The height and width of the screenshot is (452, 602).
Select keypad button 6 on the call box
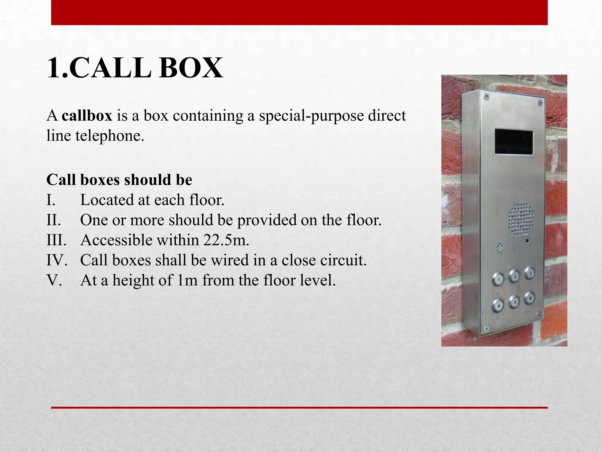click(529, 298)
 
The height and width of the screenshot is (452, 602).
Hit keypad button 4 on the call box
click(498, 305)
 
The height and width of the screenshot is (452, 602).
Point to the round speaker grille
click(521, 220)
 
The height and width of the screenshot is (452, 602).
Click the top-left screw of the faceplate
click(486, 96)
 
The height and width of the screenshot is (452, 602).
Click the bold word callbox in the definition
click(87, 116)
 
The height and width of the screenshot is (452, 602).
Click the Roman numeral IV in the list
click(56, 260)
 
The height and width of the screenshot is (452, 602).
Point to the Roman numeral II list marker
click(53, 220)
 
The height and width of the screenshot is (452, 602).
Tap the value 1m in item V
click(187, 280)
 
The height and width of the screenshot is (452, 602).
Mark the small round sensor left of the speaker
click(499, 247)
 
